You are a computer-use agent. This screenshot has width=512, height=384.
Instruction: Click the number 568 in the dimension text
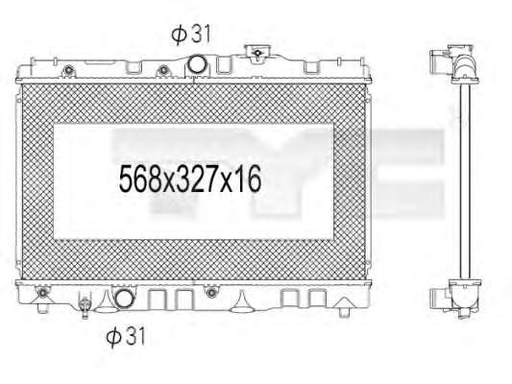point(139,179)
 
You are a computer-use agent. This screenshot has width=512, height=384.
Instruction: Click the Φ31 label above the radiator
point(191,34)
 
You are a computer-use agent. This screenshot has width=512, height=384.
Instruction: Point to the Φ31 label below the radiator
point(126,336)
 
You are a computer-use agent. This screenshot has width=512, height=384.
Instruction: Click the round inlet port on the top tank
point(196,64)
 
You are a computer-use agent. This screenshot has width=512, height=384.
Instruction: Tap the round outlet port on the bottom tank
point(125,299)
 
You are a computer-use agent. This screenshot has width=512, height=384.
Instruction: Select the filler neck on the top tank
point(257,53)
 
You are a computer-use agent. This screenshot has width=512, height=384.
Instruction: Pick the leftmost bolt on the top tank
point(68,70)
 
